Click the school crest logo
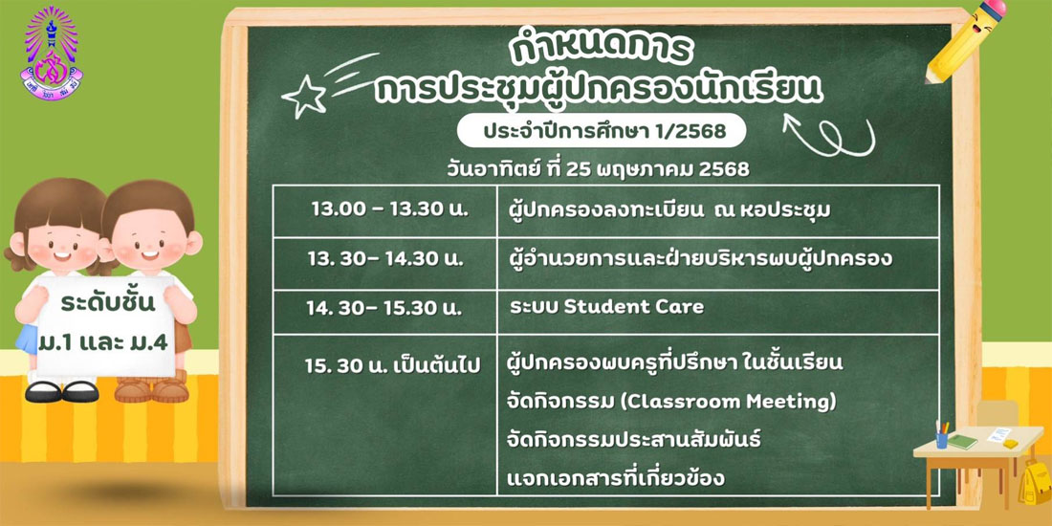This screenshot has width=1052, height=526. tap(51, 53)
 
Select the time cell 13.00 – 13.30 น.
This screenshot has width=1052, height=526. tap(384, 210)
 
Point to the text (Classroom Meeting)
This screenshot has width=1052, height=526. tap(728, 402)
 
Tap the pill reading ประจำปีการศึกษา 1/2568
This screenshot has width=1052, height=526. tap(602, 132)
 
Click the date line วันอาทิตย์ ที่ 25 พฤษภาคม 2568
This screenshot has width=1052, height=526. tap(598, 169)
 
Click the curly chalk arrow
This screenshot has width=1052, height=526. tap(829, 135)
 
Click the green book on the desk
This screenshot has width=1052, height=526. tap(963, 442)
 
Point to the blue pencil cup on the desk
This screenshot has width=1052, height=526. tap(942, 440)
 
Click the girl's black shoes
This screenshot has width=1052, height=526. tap(62, 392)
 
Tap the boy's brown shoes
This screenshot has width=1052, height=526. tap(151, 390)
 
